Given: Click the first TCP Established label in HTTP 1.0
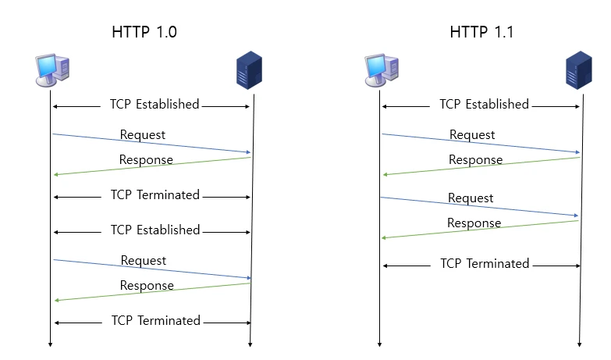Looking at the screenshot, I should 155,105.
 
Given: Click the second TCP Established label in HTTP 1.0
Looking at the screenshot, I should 155,230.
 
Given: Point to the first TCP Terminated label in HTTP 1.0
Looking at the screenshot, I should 155,194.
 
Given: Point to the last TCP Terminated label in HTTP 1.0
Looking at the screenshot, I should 155,321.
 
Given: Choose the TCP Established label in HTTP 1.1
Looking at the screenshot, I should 484,105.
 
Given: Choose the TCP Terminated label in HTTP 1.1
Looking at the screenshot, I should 485,264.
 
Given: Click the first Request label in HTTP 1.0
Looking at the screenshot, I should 143,135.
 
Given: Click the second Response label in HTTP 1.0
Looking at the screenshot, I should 147,286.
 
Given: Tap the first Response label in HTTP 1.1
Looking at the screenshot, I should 475,160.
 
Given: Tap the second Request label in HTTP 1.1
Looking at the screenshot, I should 471,198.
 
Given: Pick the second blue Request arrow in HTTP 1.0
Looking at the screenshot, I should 195,272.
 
